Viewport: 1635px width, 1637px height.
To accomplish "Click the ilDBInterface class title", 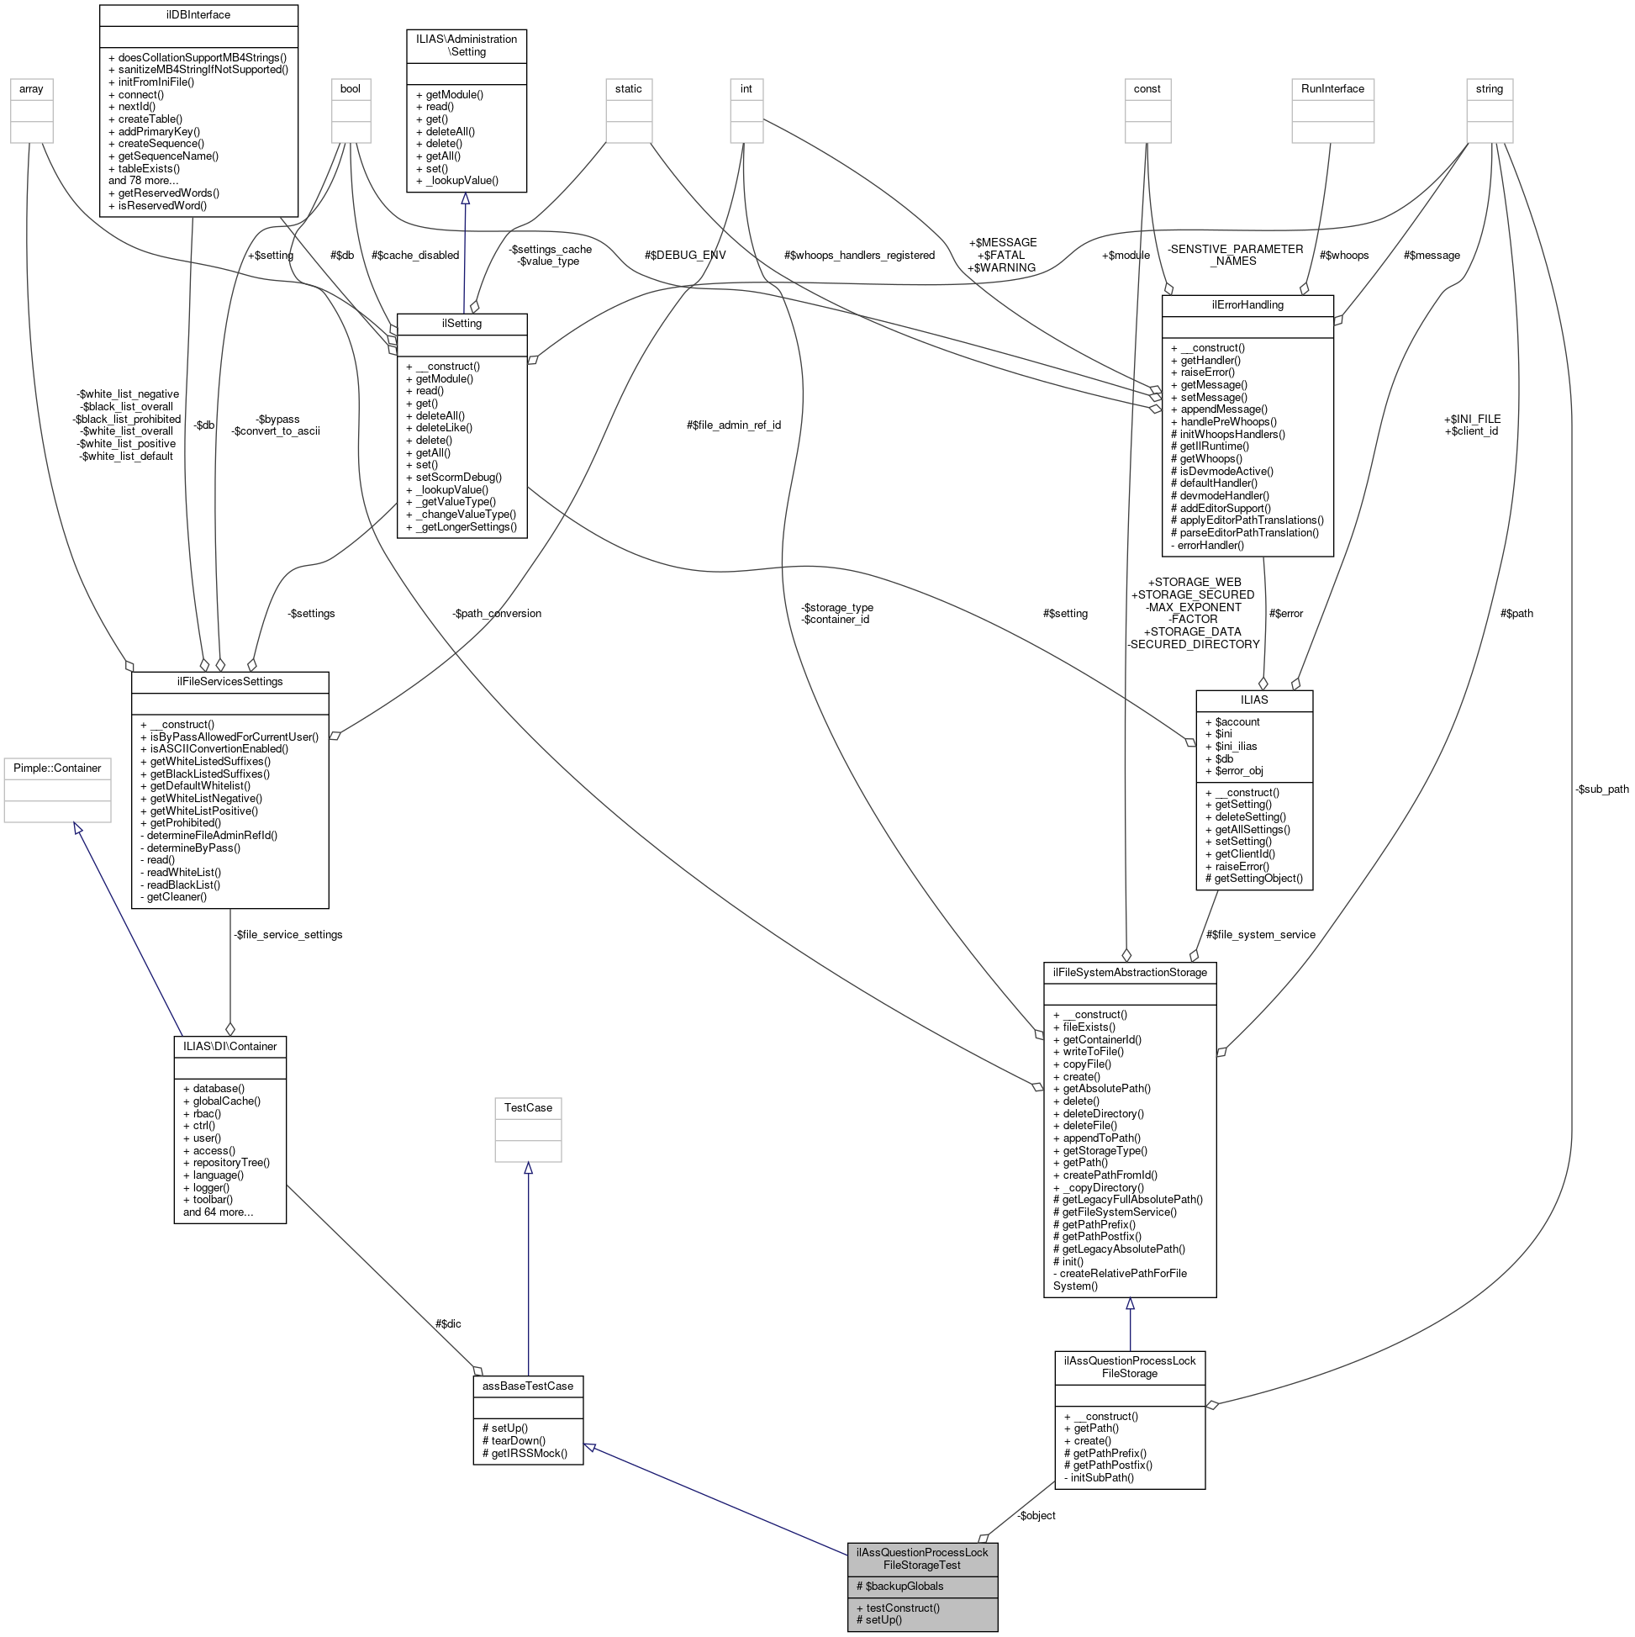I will coord(198,15).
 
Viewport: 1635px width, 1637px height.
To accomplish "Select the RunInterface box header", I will coord(1332,89).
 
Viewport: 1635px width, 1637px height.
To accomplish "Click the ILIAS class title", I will coord(1254,700).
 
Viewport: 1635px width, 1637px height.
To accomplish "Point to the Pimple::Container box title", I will coord(58,768).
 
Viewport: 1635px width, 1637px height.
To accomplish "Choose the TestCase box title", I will coord(528,1107).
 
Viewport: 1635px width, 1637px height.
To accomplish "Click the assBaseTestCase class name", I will coord(528,1386).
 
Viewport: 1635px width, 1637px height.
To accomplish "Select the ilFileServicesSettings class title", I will coord(229,681).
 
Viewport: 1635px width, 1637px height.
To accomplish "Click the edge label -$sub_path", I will coord(1601,789).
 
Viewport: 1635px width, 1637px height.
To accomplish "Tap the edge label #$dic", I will coord(448,1323).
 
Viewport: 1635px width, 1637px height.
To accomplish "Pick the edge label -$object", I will coord(1036,1515).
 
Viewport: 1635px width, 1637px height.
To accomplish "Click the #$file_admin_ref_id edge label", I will coord(733,425).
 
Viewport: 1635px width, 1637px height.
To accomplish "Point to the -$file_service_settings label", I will coord(288,934).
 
